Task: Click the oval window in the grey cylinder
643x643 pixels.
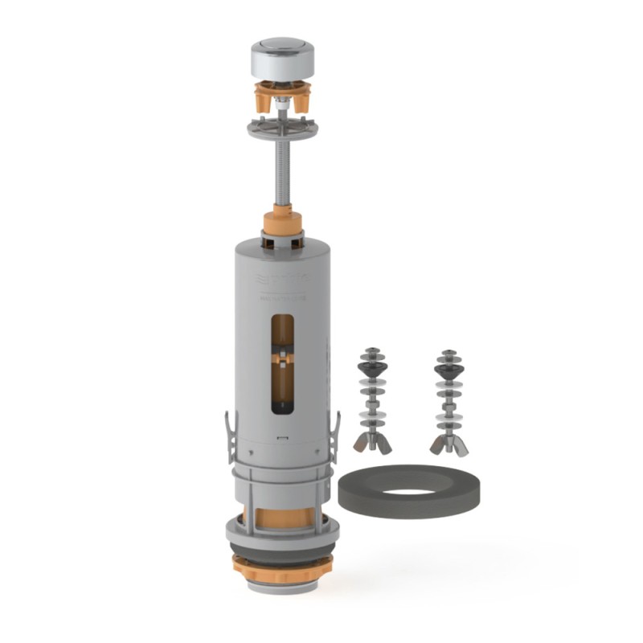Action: pos(283,362)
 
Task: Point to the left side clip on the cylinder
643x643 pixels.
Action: pos(231,438)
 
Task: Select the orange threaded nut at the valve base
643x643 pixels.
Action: pos(282,569)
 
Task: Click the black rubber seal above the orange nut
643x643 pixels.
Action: pos(282,552)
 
